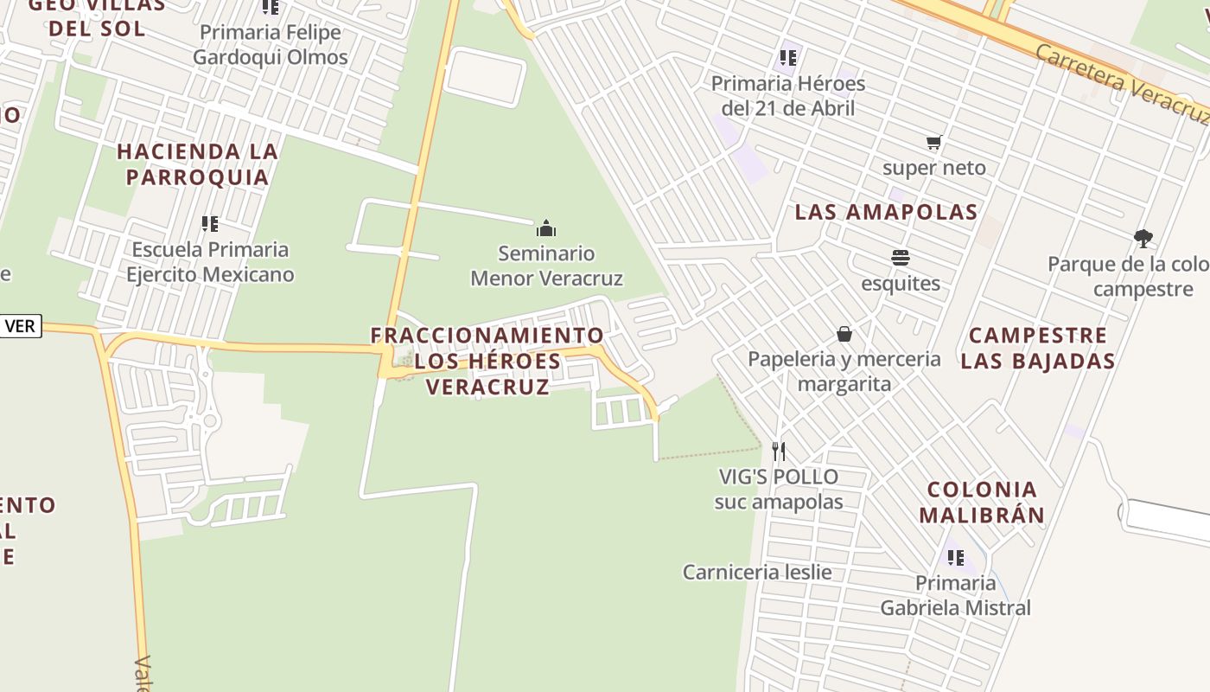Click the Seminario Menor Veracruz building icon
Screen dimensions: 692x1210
pos(546,228)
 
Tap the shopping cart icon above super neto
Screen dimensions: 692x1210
pos(933,143)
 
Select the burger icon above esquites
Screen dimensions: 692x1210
pos(900,258)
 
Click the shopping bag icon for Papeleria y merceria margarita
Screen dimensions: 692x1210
pos(844,334)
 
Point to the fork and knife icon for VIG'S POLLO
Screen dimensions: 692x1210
pos(779,451)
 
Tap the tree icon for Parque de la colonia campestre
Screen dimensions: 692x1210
pos(1143,238)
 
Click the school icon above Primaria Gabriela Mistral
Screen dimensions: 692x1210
pos(955,558)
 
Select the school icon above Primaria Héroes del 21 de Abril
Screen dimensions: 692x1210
pos(787,58)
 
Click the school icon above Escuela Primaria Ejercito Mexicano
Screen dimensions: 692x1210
pos(209,224)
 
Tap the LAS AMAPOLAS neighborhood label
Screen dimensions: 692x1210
pos(886,212)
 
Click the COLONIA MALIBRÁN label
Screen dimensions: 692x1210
pos(981,503)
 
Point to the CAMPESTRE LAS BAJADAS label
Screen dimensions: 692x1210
pos(1037,348)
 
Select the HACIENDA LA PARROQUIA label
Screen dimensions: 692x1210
pos(197,163)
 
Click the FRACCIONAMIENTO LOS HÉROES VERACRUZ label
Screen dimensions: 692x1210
pos(487,360)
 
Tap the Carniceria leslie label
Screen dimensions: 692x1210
pos(757,572)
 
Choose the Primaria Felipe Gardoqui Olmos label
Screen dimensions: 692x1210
pos(270,45)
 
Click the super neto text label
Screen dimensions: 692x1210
pos(933,168)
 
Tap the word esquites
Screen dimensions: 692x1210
pos(900,284)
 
